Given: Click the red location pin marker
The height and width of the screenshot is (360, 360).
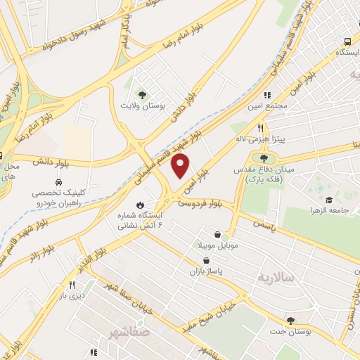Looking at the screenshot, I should (181, 166).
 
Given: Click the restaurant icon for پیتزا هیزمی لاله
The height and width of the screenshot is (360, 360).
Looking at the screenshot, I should (260, 128).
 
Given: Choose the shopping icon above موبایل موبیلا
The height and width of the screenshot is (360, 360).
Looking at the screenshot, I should (217, 234).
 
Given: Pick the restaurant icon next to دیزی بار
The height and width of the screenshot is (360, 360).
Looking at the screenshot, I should (71, 285).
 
